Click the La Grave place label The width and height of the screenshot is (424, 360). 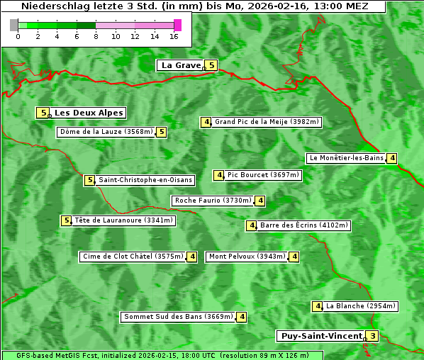[x=182, y=65]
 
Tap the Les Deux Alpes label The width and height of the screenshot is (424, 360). [x=89, y=113]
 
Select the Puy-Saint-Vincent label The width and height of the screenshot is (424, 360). [x=320, y=336]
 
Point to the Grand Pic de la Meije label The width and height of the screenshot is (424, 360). [x=267, y=122]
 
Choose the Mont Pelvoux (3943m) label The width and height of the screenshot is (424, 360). [x=247, y=257]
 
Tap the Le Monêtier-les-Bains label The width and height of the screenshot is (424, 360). [x=345, y=158]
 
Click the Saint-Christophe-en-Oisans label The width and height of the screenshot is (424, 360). [x=145, y=180]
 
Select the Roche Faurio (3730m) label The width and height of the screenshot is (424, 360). [x=213, y=201]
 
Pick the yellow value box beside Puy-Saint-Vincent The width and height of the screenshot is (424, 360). [x=373, y=336]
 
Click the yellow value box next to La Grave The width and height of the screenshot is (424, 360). [x=211, y=65]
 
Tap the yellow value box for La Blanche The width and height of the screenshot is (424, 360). [x=318, y=306]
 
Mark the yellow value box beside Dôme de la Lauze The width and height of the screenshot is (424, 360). [x=162, y=132]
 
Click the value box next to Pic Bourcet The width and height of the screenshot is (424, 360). [x=220, y=175]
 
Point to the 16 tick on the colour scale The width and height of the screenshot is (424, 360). [x=174, y=36]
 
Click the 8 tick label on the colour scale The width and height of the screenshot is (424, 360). [x=96, y=36]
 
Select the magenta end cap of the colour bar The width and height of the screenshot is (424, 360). [x=177, y=25]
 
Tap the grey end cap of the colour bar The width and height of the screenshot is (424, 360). [x=14, y=25]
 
